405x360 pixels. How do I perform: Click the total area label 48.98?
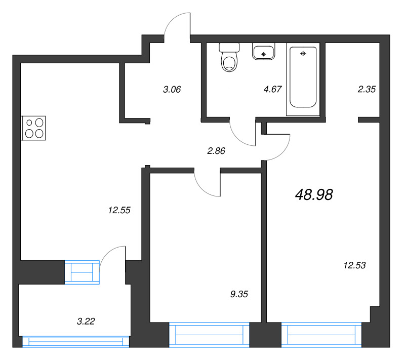(313, 194)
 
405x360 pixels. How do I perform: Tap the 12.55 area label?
(119, 210)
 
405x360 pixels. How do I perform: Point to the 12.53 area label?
(354, 264)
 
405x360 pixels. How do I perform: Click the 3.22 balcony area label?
(86, 321)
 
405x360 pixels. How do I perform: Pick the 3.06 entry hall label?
(172, 90)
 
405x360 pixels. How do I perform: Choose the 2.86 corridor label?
(216, 150)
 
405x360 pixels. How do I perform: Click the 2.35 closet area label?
(367, 90)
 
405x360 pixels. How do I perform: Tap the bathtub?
(302, 78)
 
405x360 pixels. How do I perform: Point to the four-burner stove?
(34, 128)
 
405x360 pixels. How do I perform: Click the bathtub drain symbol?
(303, 53)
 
